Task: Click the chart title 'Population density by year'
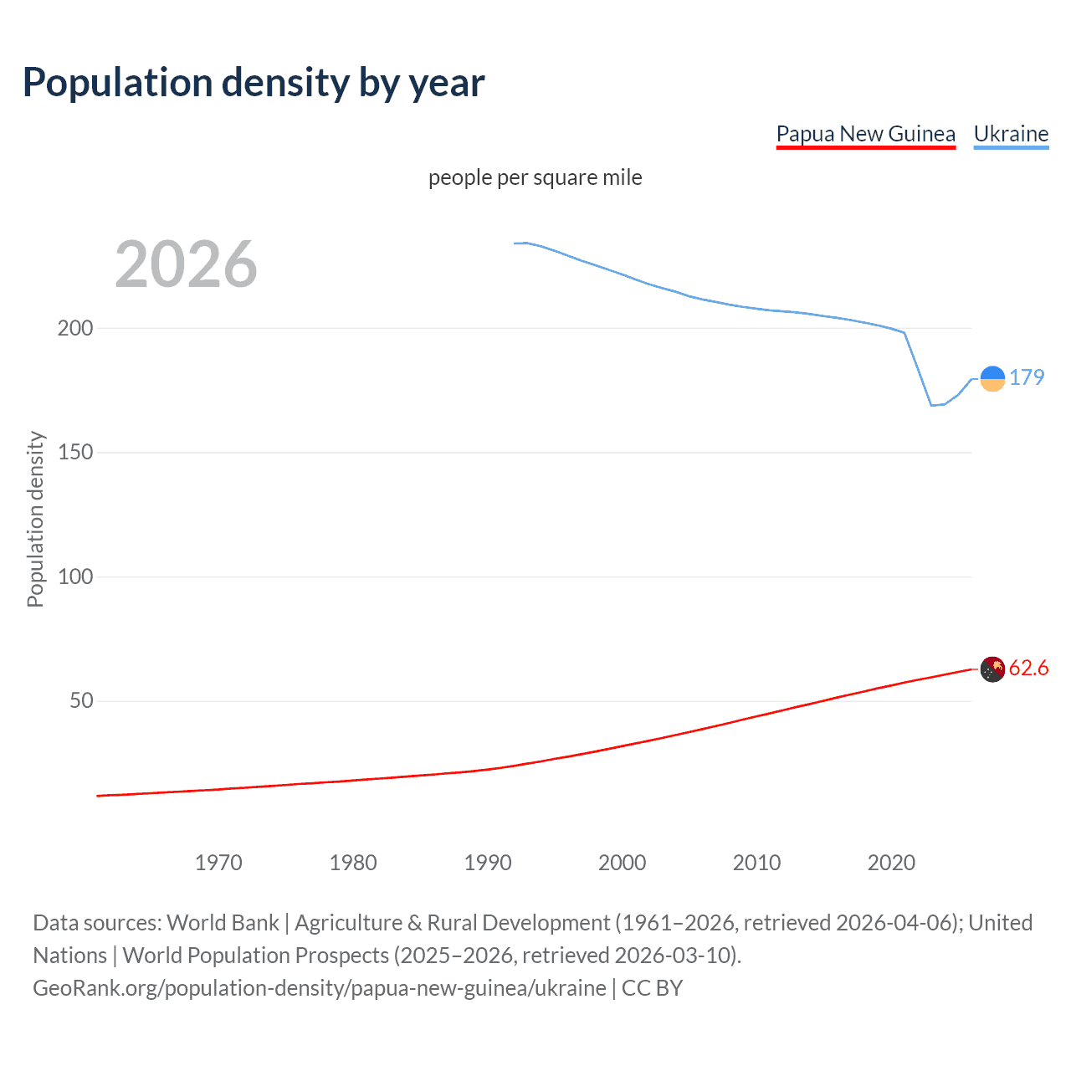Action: pyautogui.click(x=254, y=83)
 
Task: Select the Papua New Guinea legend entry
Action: pyautogui.click(x=865, y=135)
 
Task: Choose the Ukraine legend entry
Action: pyautogui.click(x=1011, y=135)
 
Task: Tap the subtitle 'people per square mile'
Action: pyautogui.click(x=535, y=177)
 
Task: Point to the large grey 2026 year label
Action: pyautogui.click(x=186, y=264)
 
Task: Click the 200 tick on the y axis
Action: pyautogui.click(x=75, y=328)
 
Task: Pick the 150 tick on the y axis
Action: pyautogui.click(x=75, y=453)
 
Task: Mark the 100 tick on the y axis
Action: pyautogui.click(x=75, y=576)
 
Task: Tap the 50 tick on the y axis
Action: pyautogui.click(x=81, y=701)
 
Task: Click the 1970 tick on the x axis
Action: pyautogui.click(x=218, y=863)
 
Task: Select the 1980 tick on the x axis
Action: pyautogui.click(x=353, y=863)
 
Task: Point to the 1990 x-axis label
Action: pyautogui.click(x=488, y=863)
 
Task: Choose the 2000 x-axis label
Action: pyautogui.click(x=622, y=863)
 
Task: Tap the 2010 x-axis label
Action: pyautogui.click(x=756, y=863)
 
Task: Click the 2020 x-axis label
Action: pyautogui.click(x=891, y=863)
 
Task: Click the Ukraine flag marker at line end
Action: pyautogui.click(x=992, y=379)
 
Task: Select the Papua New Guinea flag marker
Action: pyautogui.click(x=992, y=669)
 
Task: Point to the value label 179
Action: pyautogui.click(x=1027, y=377)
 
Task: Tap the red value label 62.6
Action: pyautogui.click(x=1028, y=668)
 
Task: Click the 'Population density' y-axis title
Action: pyautogui.click(x=35, y=519)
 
